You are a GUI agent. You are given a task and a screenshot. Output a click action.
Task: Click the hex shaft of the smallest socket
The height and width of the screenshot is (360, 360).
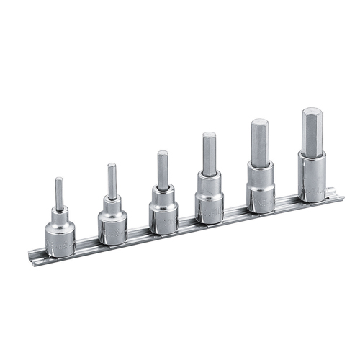tap(59, 193)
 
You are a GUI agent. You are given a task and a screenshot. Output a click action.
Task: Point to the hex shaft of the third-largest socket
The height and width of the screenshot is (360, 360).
tap(209, 154)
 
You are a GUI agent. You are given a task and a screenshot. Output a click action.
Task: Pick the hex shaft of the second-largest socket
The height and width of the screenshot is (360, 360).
tap(259, 141)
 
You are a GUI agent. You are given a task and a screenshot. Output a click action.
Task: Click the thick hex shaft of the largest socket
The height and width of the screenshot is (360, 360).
tap(312, 131)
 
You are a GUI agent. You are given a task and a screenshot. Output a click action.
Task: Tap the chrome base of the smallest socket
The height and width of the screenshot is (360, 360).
tap(60, 234)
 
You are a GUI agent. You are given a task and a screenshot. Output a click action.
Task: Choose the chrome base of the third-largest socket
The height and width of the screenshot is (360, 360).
tap(210, 200)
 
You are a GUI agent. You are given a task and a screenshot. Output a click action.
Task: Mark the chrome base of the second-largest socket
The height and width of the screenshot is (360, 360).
tap(260, 189)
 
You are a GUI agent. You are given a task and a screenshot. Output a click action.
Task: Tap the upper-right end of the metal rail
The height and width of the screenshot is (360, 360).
tap(333, 192)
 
